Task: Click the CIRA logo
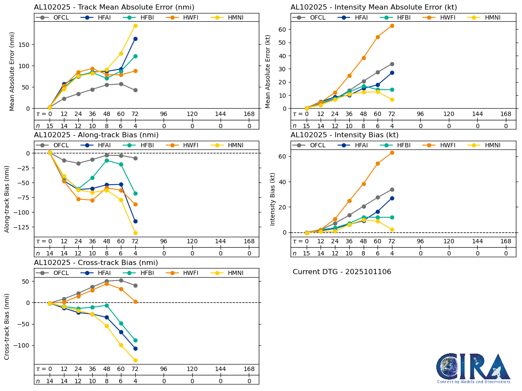coord(473,368)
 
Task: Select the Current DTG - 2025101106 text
coord(342,272)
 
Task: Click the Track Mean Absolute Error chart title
coord(114,7)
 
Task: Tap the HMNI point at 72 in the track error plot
coord(135,26)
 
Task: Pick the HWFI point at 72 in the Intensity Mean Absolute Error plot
coord(392,26)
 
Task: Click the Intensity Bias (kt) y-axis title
coord(273,199)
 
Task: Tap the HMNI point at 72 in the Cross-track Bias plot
coord(135,360)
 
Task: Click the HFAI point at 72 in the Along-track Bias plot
coord(135,221)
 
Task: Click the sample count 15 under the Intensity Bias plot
coord(307,254)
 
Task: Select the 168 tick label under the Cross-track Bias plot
coord(249,369)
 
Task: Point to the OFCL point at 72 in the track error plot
coord(135,90)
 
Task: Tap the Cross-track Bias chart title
coord(96,263)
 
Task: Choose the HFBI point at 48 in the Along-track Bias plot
coord(107,160)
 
